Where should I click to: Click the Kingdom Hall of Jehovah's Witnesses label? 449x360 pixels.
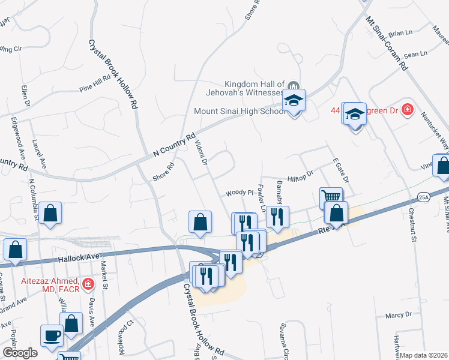[253, 88]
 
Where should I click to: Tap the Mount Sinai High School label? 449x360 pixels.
[239, 111]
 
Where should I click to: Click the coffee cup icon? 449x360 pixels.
[52, 335]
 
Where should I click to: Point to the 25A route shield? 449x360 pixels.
[424, 196]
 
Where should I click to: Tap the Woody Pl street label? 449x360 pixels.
[240, 193]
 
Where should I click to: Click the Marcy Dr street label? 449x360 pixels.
[399, 314]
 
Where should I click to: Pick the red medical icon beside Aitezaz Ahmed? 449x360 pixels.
[88, 283]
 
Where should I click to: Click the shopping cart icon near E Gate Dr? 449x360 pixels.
[331, 196]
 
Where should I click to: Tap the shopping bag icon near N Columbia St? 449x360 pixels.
[51, 214]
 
